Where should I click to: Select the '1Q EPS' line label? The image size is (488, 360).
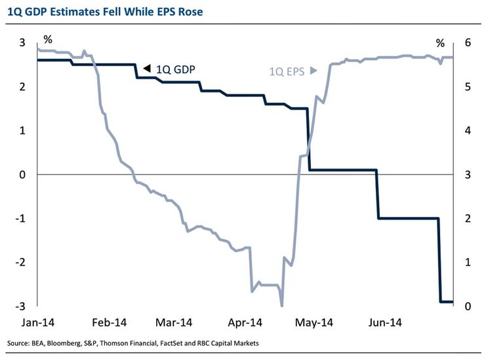pos(287,73)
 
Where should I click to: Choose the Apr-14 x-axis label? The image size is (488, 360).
pos(247,322)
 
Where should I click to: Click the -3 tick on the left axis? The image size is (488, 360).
pos(22,306)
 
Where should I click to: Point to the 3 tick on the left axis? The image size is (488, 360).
pos(22,43)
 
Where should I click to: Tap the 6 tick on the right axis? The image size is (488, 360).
pos(466,43)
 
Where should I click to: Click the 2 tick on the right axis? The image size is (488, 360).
pos(466,218)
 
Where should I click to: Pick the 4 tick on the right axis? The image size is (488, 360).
pos(466,130)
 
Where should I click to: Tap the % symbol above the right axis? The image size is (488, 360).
pos(440,43)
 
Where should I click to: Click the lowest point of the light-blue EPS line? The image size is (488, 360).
pos(281,305)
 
